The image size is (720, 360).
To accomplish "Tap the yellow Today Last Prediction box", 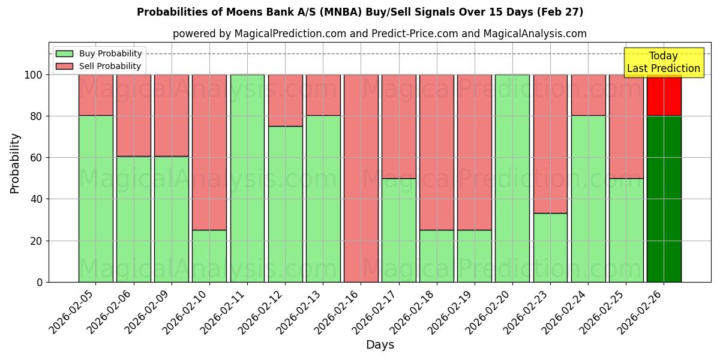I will click(x=664, y=63).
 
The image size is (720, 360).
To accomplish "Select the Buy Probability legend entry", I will click(x=99, y=53).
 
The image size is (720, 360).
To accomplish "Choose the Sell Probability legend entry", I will click(x=99, y=66).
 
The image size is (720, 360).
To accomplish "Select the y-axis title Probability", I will click(x=15, y=163).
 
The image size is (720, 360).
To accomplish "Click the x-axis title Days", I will click(x=380, y=345).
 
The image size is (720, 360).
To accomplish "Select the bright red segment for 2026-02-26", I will click(x=664, y=95).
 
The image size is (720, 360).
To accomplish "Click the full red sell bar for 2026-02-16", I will click(x=361, y=178).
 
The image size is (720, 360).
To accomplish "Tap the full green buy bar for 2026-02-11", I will click(x=247, y=178).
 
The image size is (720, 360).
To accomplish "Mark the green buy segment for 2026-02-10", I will click(x=209, y=256).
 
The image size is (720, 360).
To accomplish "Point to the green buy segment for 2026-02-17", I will click(x=398, y=230).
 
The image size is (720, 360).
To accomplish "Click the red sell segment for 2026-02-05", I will click(x=95, y=95).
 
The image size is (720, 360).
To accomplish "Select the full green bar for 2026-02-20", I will click(x=512, y=178).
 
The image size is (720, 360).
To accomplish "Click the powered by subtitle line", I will click(x=380, y=34).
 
